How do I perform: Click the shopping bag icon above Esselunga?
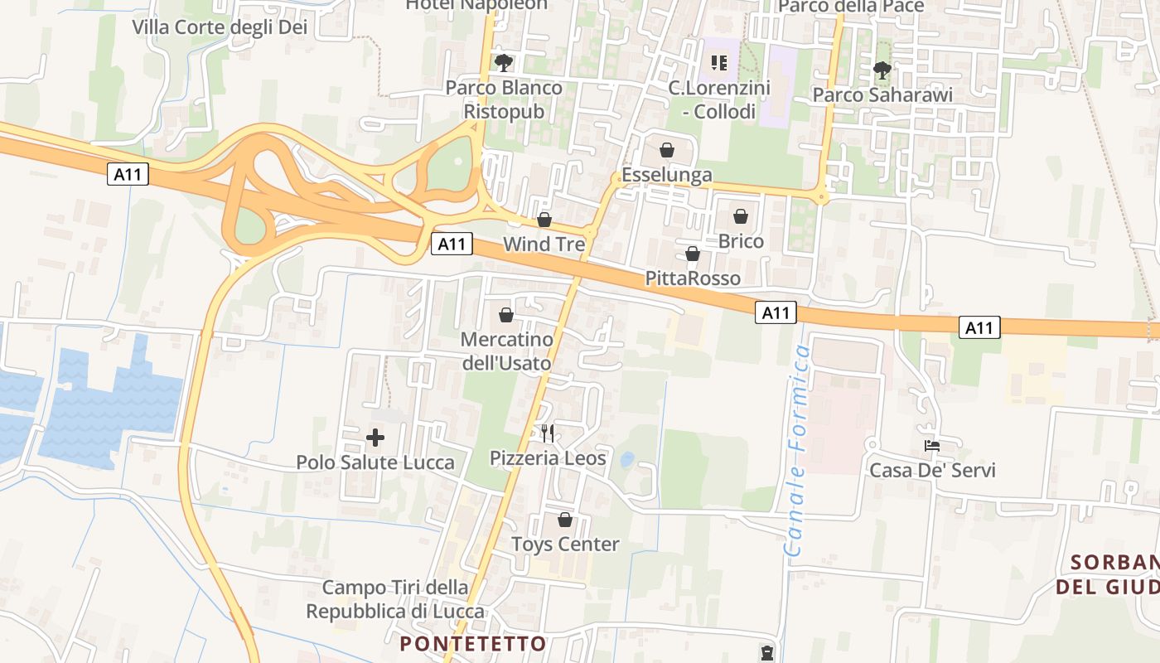coord(666,150)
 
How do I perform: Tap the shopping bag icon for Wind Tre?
coord(544,220)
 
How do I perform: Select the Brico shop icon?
coord(741,216)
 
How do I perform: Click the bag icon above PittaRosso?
coord(693,254)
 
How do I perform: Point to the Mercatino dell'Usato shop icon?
coord(506,315)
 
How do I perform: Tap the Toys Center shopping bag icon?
coord(565,520)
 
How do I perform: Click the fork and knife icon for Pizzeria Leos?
coord(547,433)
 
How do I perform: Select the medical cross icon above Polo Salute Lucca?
coord(375,437)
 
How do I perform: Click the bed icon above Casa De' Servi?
coord(932,446)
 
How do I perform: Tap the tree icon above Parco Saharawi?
coord(882,70)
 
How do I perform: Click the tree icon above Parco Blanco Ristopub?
coord(503,63)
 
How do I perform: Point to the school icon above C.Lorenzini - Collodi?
coord(719,63)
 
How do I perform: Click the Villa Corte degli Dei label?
coord(220,27)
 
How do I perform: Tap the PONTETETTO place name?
coord(473,644)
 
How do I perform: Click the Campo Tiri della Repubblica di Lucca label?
coord(395,599)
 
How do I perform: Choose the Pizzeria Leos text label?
coord(548,458)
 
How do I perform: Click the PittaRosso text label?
coord(693,278)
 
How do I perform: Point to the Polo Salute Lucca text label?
coord(375,462)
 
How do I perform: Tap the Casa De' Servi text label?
coord(932,471)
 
